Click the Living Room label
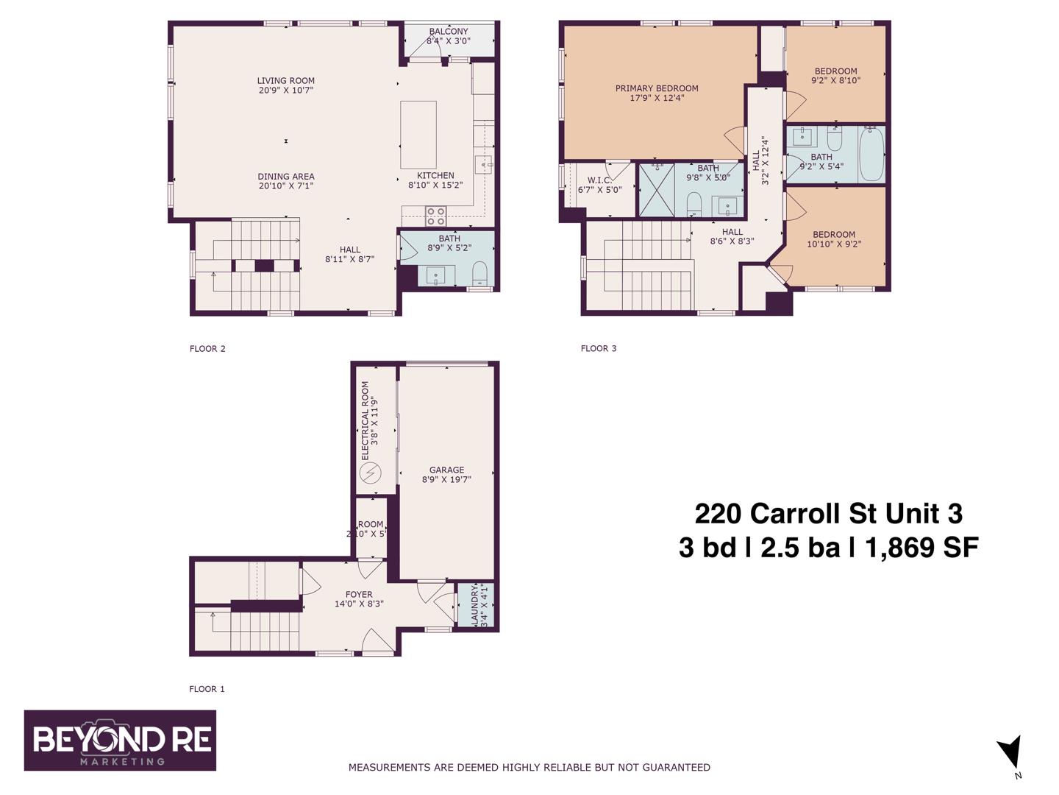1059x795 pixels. [285, 81]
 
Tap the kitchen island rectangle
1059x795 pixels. [418, 135]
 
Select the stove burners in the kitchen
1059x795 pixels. [435, 216]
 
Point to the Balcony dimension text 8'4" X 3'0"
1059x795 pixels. [448, 41]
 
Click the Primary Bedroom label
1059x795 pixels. [657, 88]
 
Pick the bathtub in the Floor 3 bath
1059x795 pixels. [871, 154]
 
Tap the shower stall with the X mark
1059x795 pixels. [656, 190]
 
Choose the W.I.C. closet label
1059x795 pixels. [599, 180]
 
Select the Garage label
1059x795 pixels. [446, 470]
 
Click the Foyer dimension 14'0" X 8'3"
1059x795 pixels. [359, 604]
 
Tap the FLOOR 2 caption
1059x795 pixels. [207, 349]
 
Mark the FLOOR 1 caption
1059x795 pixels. [207, 689]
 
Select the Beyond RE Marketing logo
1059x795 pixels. [120, 741]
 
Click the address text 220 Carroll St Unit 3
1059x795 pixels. [828, 513]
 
